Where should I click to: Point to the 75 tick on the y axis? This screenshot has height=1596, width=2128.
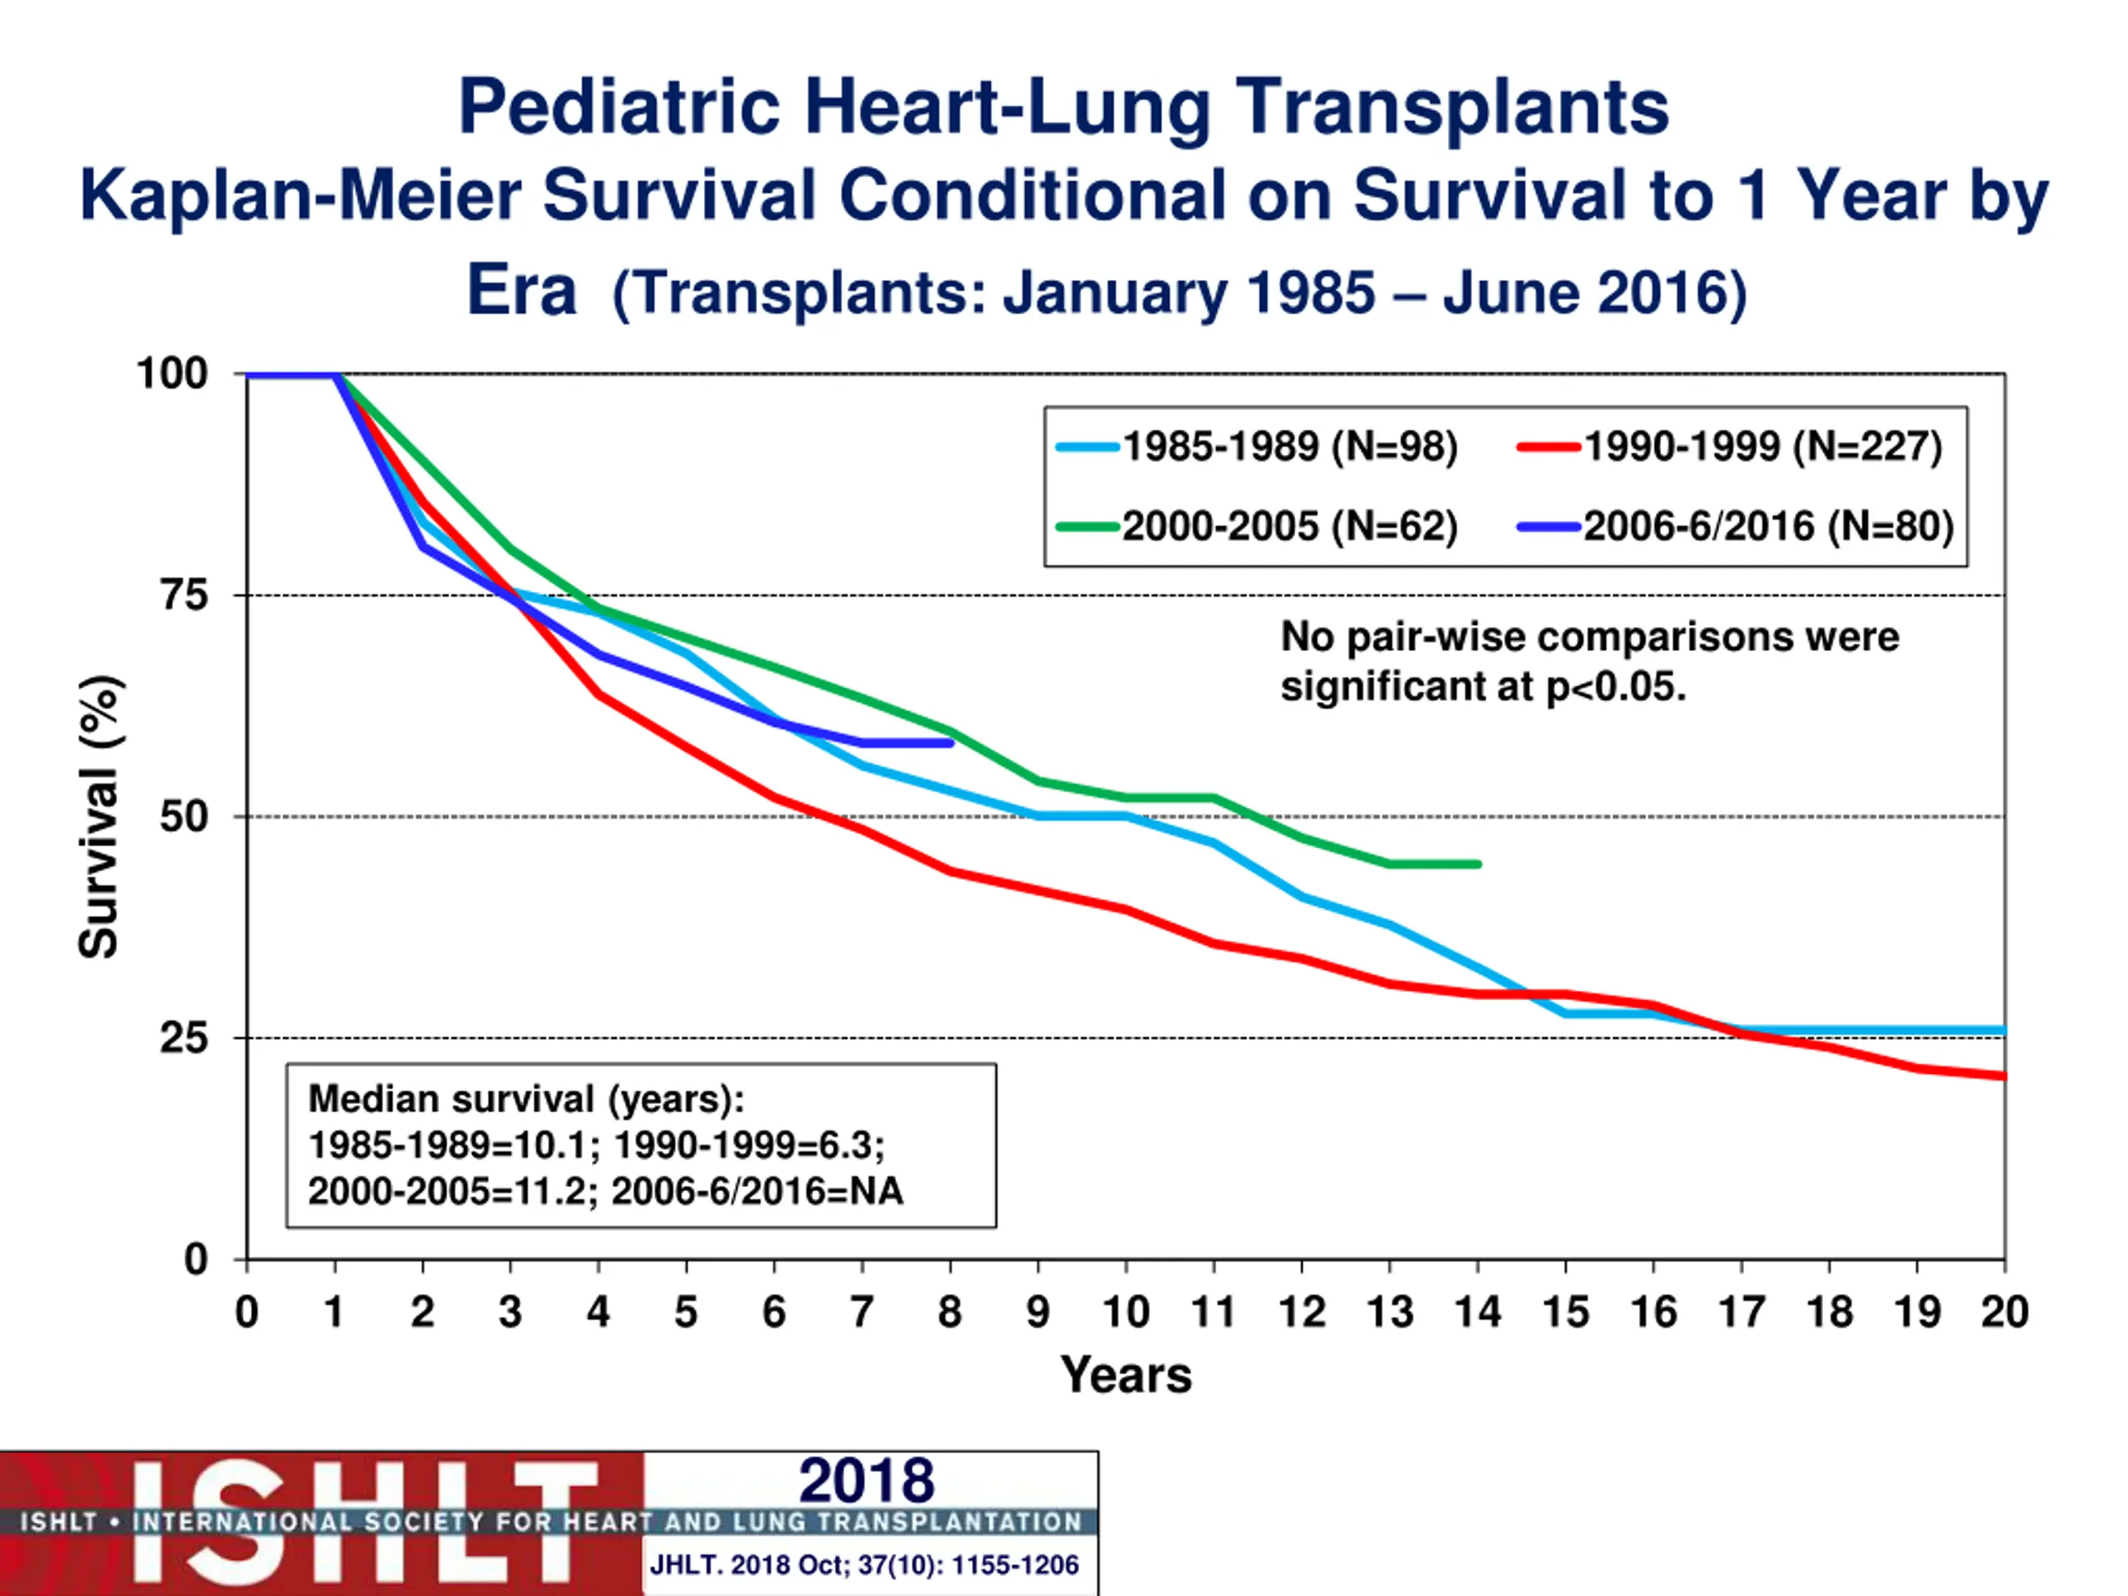pyautogui.click(x=184, y=595)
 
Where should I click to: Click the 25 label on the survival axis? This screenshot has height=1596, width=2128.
pyautogui.click(x=184, y=1038)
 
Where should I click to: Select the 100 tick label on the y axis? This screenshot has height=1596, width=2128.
pyautogui.click(x=172, y=373)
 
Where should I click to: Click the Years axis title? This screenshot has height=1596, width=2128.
pyautogui.click(x=1126, y=1375)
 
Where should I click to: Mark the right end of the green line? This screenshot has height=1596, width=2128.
pyautogui.click(x=1479, y=864)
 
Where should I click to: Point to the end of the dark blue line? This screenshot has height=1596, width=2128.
pyautogui.click(x=950, y=742)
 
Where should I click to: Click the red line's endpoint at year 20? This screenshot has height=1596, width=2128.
pyautogui.click(x=2004, y=1076)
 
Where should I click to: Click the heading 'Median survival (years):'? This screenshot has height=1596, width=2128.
pyautogui.click(x=526, y=1099)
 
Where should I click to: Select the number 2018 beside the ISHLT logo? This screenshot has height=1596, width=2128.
pyautogui.click(x=866, y=1480)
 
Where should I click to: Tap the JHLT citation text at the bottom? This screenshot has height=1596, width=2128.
pyautogui.click(x=864, y=1565)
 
